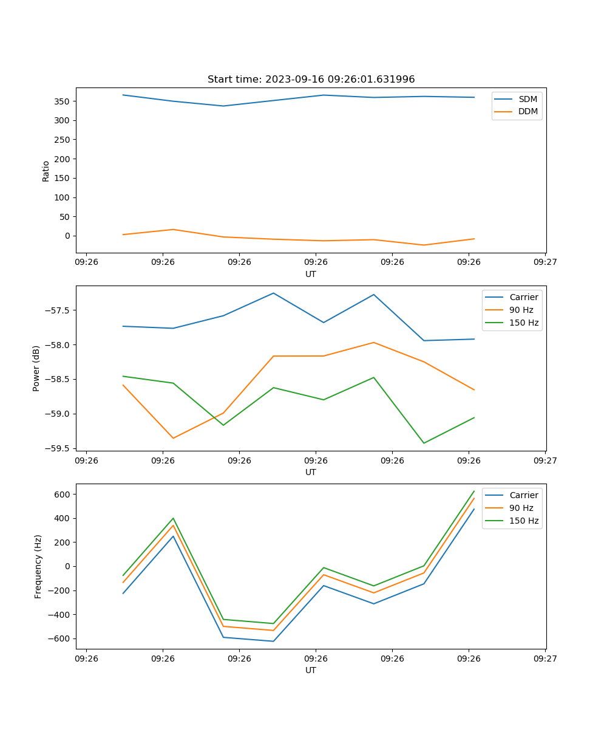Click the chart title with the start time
point(311,80)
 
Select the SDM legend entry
point(527,98)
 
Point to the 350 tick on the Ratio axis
point(63,101)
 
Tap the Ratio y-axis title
point(46,171)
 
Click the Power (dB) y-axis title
point(36,368)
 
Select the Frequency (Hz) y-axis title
point(38,566)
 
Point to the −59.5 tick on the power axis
point(58,448)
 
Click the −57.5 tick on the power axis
point(58,310)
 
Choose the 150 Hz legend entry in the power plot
point(523,323)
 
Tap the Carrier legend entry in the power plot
point(523,297)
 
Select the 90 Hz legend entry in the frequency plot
point(521,508)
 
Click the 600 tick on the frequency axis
point(63,495)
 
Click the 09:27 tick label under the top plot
point(544,262)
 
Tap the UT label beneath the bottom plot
point(311,670)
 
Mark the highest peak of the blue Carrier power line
point(273,293)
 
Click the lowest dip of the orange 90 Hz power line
point(173,438)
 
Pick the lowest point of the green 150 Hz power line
point(424,443)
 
